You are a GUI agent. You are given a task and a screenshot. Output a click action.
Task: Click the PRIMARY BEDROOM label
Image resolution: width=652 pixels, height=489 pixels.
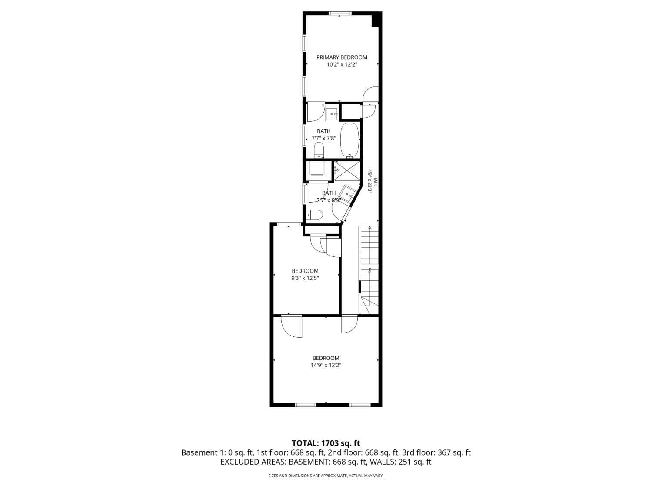click(x=342, y=57)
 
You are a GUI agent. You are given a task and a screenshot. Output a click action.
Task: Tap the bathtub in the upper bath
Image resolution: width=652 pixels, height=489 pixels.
click(x=349, y=140)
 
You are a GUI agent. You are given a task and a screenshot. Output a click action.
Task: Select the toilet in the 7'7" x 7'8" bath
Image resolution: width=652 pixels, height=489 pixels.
click(x=319, y=151)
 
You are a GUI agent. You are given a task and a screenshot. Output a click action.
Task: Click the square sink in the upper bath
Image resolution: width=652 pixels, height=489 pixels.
click(x=333, y=114)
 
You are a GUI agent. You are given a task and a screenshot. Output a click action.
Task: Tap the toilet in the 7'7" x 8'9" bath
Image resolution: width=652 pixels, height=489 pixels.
click(x=314, y=215)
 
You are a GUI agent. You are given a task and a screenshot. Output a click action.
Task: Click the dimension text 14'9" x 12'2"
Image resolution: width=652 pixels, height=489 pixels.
click(x=326, y=366)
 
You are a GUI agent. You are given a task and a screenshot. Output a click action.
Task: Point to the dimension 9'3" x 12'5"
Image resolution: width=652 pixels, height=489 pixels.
click(x=305, y=278)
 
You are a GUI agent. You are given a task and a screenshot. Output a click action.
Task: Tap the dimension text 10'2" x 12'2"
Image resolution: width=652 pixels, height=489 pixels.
click(x=342, y=64)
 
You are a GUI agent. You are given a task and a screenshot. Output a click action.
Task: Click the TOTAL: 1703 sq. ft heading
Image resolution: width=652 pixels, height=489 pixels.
click(x=326, y=443)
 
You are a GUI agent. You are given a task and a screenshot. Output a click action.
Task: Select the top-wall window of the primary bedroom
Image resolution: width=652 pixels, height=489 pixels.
click(x=340, y=13)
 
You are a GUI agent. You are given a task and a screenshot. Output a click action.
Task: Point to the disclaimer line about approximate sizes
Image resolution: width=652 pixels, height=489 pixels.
click(x=326, y=476)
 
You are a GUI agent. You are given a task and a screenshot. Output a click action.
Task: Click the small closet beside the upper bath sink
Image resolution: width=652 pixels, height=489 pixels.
click(x=350, y=112)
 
